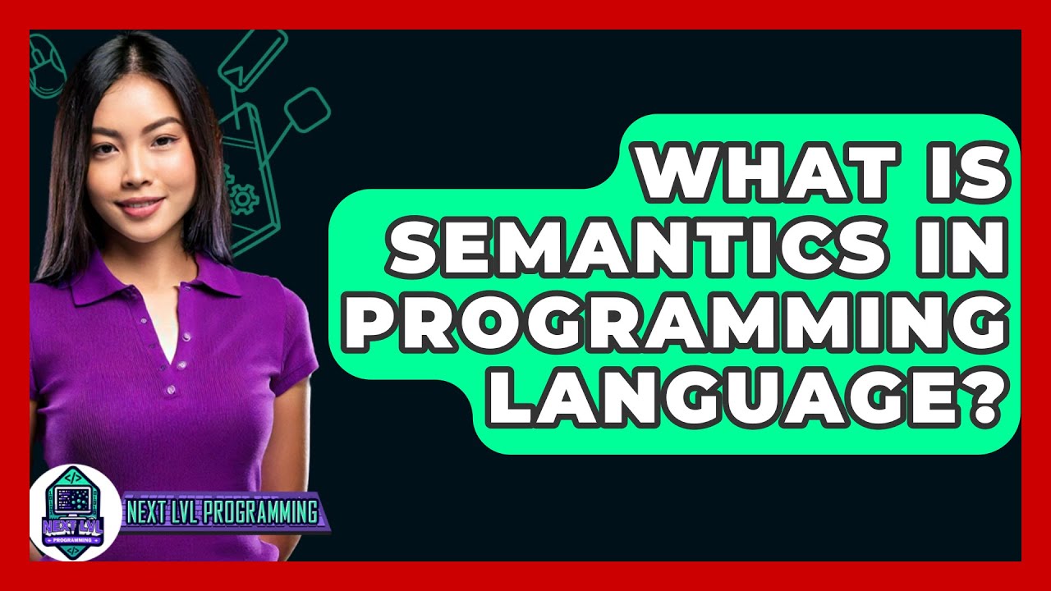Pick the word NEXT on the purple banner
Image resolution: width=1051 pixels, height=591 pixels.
[146, 514]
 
